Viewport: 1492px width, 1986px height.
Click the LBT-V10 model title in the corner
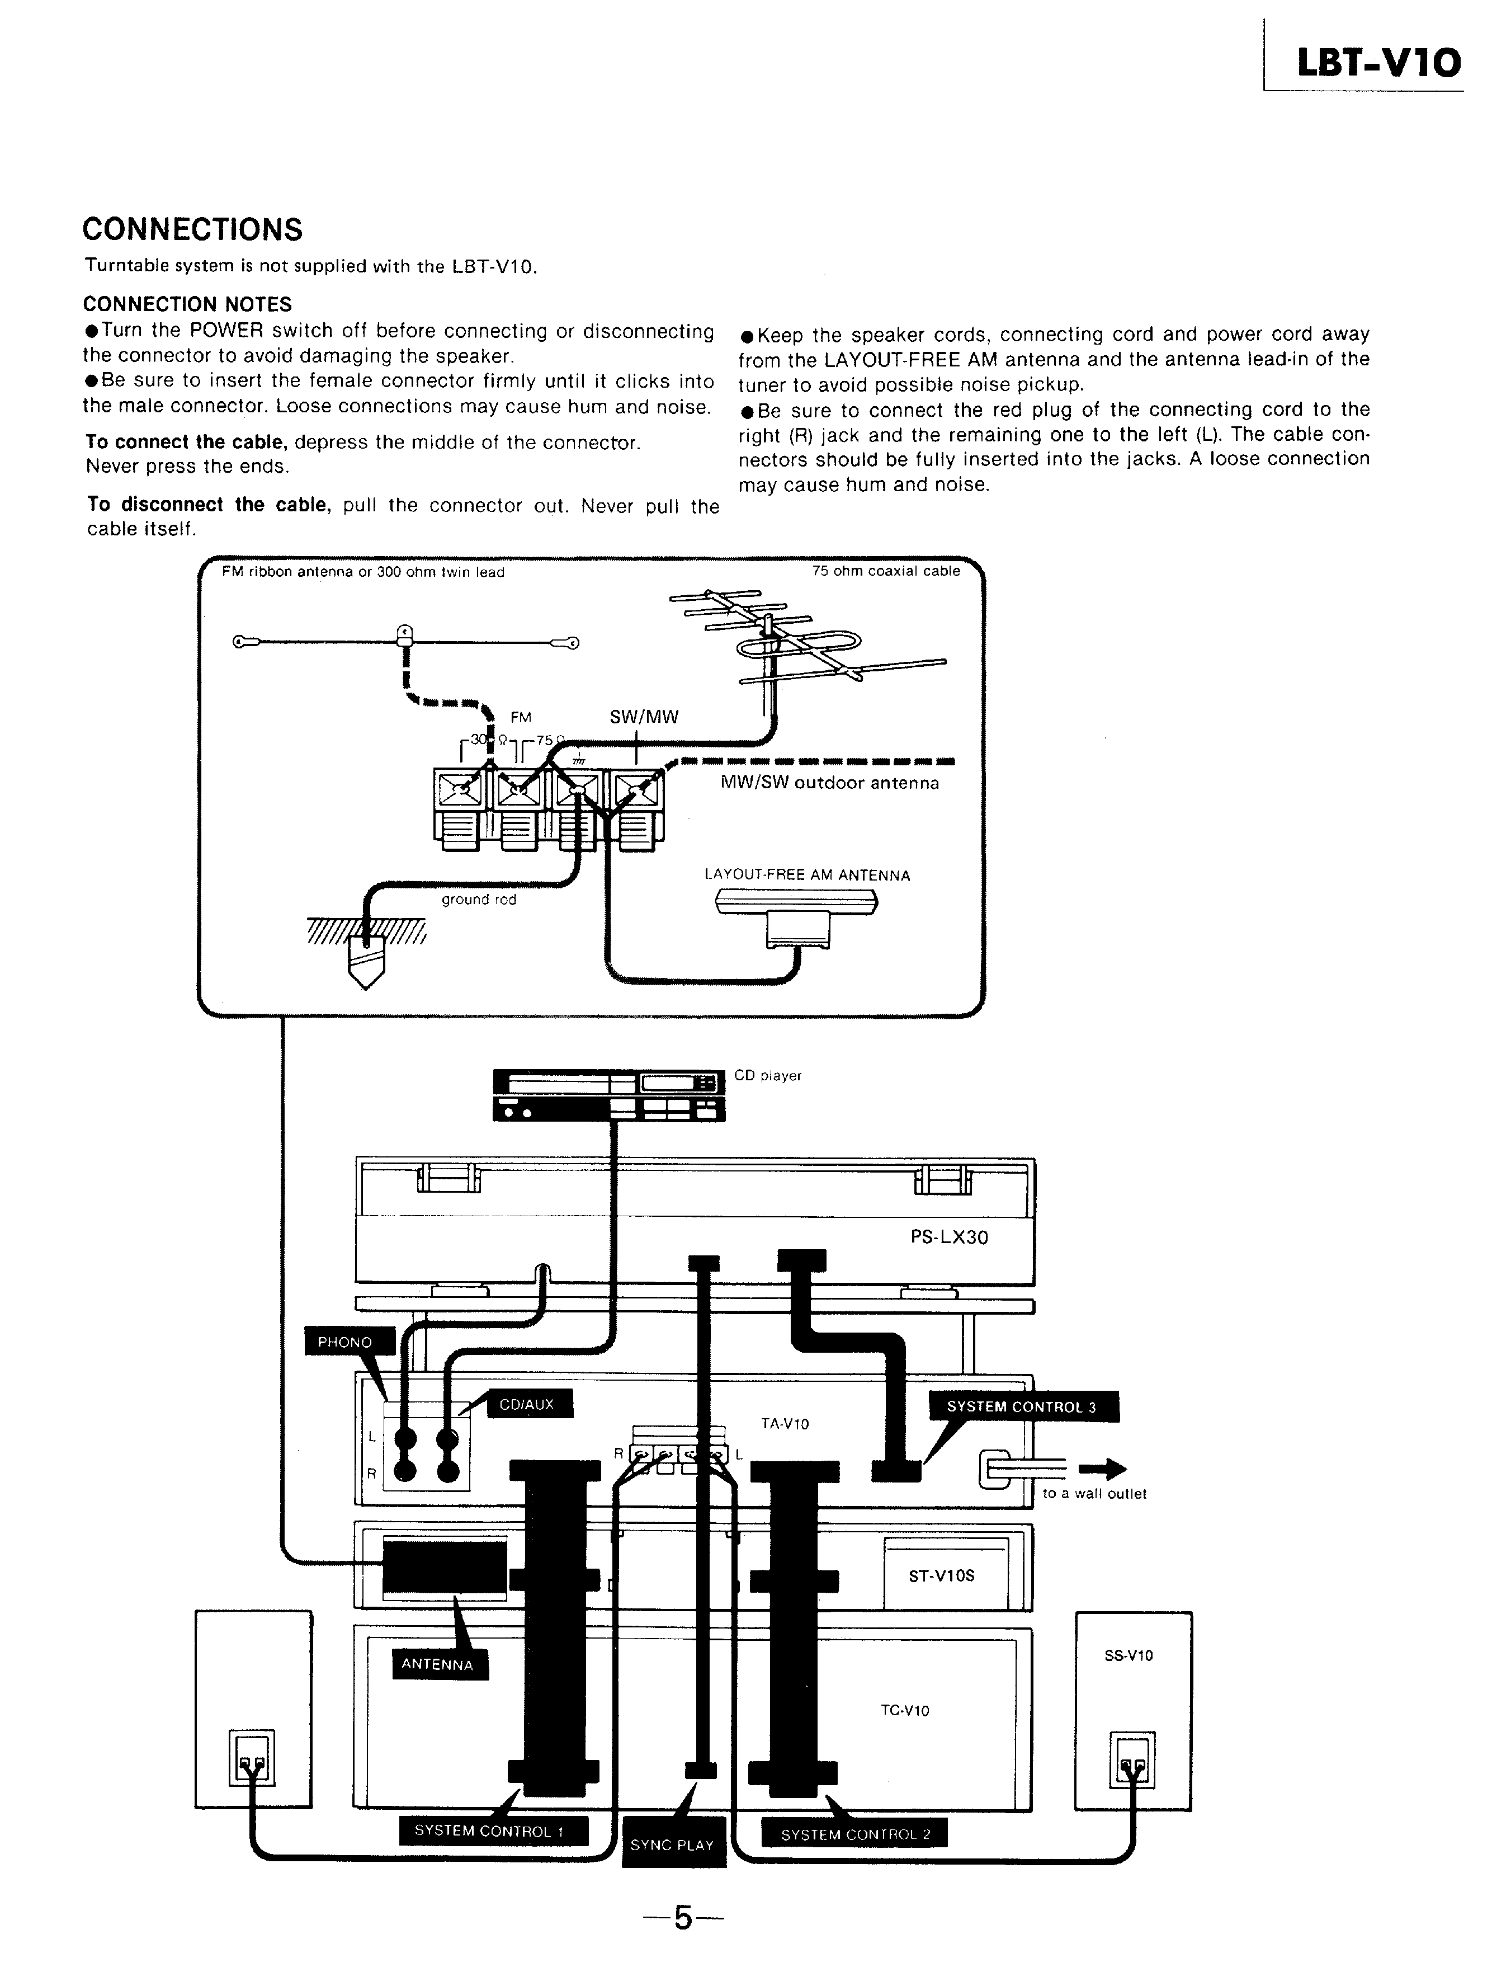[1378, 64]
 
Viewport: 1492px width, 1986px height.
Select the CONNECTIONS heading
[192, 230]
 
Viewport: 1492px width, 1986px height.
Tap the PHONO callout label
[344, 1342]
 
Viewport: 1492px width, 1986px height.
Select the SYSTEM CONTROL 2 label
[854, 1834]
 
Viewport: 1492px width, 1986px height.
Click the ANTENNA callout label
[437, 1664]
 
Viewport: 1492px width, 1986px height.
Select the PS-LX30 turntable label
[949, 1237]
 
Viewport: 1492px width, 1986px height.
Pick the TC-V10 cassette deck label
[904, 1710]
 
